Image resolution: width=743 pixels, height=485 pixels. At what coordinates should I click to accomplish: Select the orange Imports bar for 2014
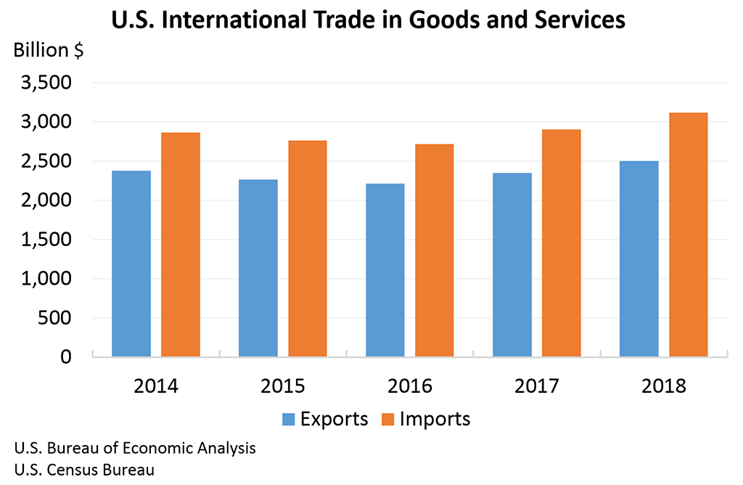(x=181, y=245)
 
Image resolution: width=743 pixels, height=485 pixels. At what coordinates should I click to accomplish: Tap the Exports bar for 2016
(x=385, y=270)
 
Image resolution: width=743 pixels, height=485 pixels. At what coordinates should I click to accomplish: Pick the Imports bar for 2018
(x=688, y=235)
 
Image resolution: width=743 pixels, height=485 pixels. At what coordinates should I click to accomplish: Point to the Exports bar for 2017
(x=512, y=265)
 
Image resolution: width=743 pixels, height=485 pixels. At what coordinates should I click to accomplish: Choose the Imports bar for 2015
(x=308, y=248)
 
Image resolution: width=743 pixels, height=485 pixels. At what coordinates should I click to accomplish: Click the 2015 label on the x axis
(x=283, y=385)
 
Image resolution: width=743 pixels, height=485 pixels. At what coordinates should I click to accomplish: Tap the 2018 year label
(x=664, y=385)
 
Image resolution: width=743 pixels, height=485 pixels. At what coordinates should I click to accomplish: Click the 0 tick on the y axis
(x=65, y=357)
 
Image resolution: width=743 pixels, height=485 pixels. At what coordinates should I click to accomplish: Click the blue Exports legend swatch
(x=288, y=419)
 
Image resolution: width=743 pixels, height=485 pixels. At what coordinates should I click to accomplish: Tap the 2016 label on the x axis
(x=410, y=385)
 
